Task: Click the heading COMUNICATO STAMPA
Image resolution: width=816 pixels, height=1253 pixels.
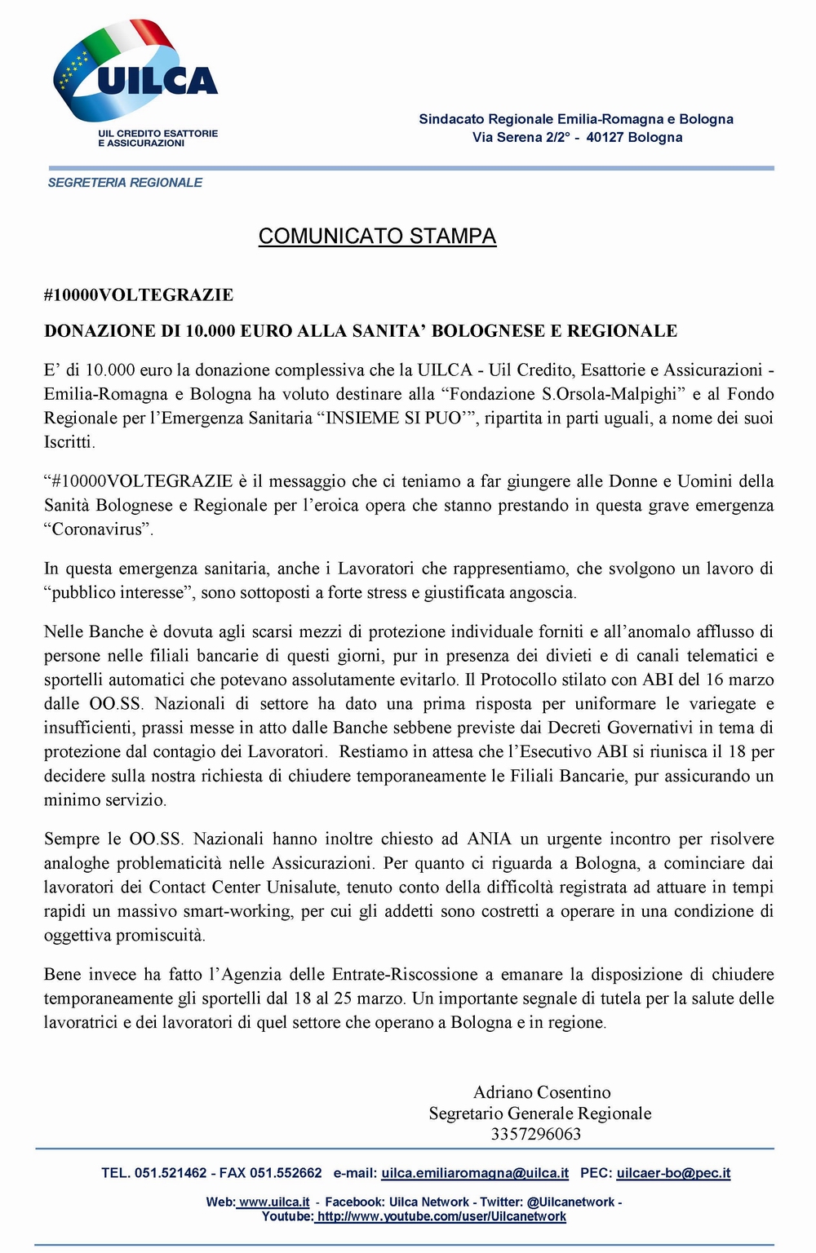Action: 377,236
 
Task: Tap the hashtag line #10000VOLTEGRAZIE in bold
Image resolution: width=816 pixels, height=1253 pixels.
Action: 139,294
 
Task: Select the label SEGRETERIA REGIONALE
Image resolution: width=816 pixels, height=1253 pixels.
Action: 125,183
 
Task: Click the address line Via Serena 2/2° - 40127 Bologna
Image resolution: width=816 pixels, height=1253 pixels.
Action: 577,137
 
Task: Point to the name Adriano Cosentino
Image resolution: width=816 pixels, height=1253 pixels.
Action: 542,1092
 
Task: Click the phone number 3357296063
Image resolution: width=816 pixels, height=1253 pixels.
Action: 536,1134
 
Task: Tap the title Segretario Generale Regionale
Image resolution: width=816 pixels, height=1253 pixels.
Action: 540,1114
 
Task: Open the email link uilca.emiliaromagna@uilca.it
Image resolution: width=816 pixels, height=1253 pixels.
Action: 475,1173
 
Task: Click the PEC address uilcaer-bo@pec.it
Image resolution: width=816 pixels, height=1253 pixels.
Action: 673,1173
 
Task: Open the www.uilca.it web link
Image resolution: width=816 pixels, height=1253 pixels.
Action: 274,1202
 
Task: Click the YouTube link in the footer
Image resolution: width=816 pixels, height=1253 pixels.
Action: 441,1216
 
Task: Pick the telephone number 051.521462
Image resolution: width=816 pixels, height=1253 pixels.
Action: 171,1173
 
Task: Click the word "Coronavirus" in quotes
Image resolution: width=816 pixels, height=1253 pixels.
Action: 99,529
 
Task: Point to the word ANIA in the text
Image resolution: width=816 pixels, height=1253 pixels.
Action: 489,839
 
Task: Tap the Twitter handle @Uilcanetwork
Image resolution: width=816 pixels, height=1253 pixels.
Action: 570,1202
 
